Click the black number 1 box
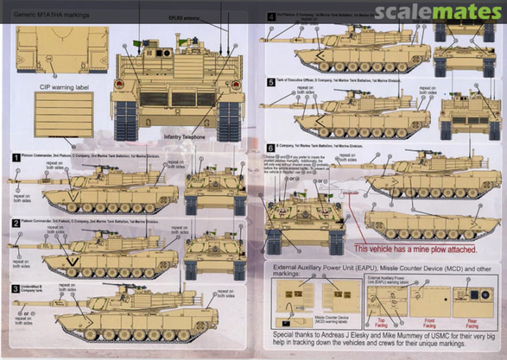coord(16,156)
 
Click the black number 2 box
coord(16,222)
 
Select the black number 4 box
coord(271,18)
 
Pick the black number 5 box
coord(271,81)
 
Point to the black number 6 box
coord(271,147)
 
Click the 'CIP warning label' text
coord(63,87)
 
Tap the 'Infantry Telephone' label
coord(185,137)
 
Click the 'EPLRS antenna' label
coord(184,18)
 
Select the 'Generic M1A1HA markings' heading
coord(52,15)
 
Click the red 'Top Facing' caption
coord(381,322)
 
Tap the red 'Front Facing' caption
coord(429,323)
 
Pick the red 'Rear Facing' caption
coord(472,323)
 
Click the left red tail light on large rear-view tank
coord(119,85)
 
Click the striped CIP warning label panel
coord(63,115)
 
